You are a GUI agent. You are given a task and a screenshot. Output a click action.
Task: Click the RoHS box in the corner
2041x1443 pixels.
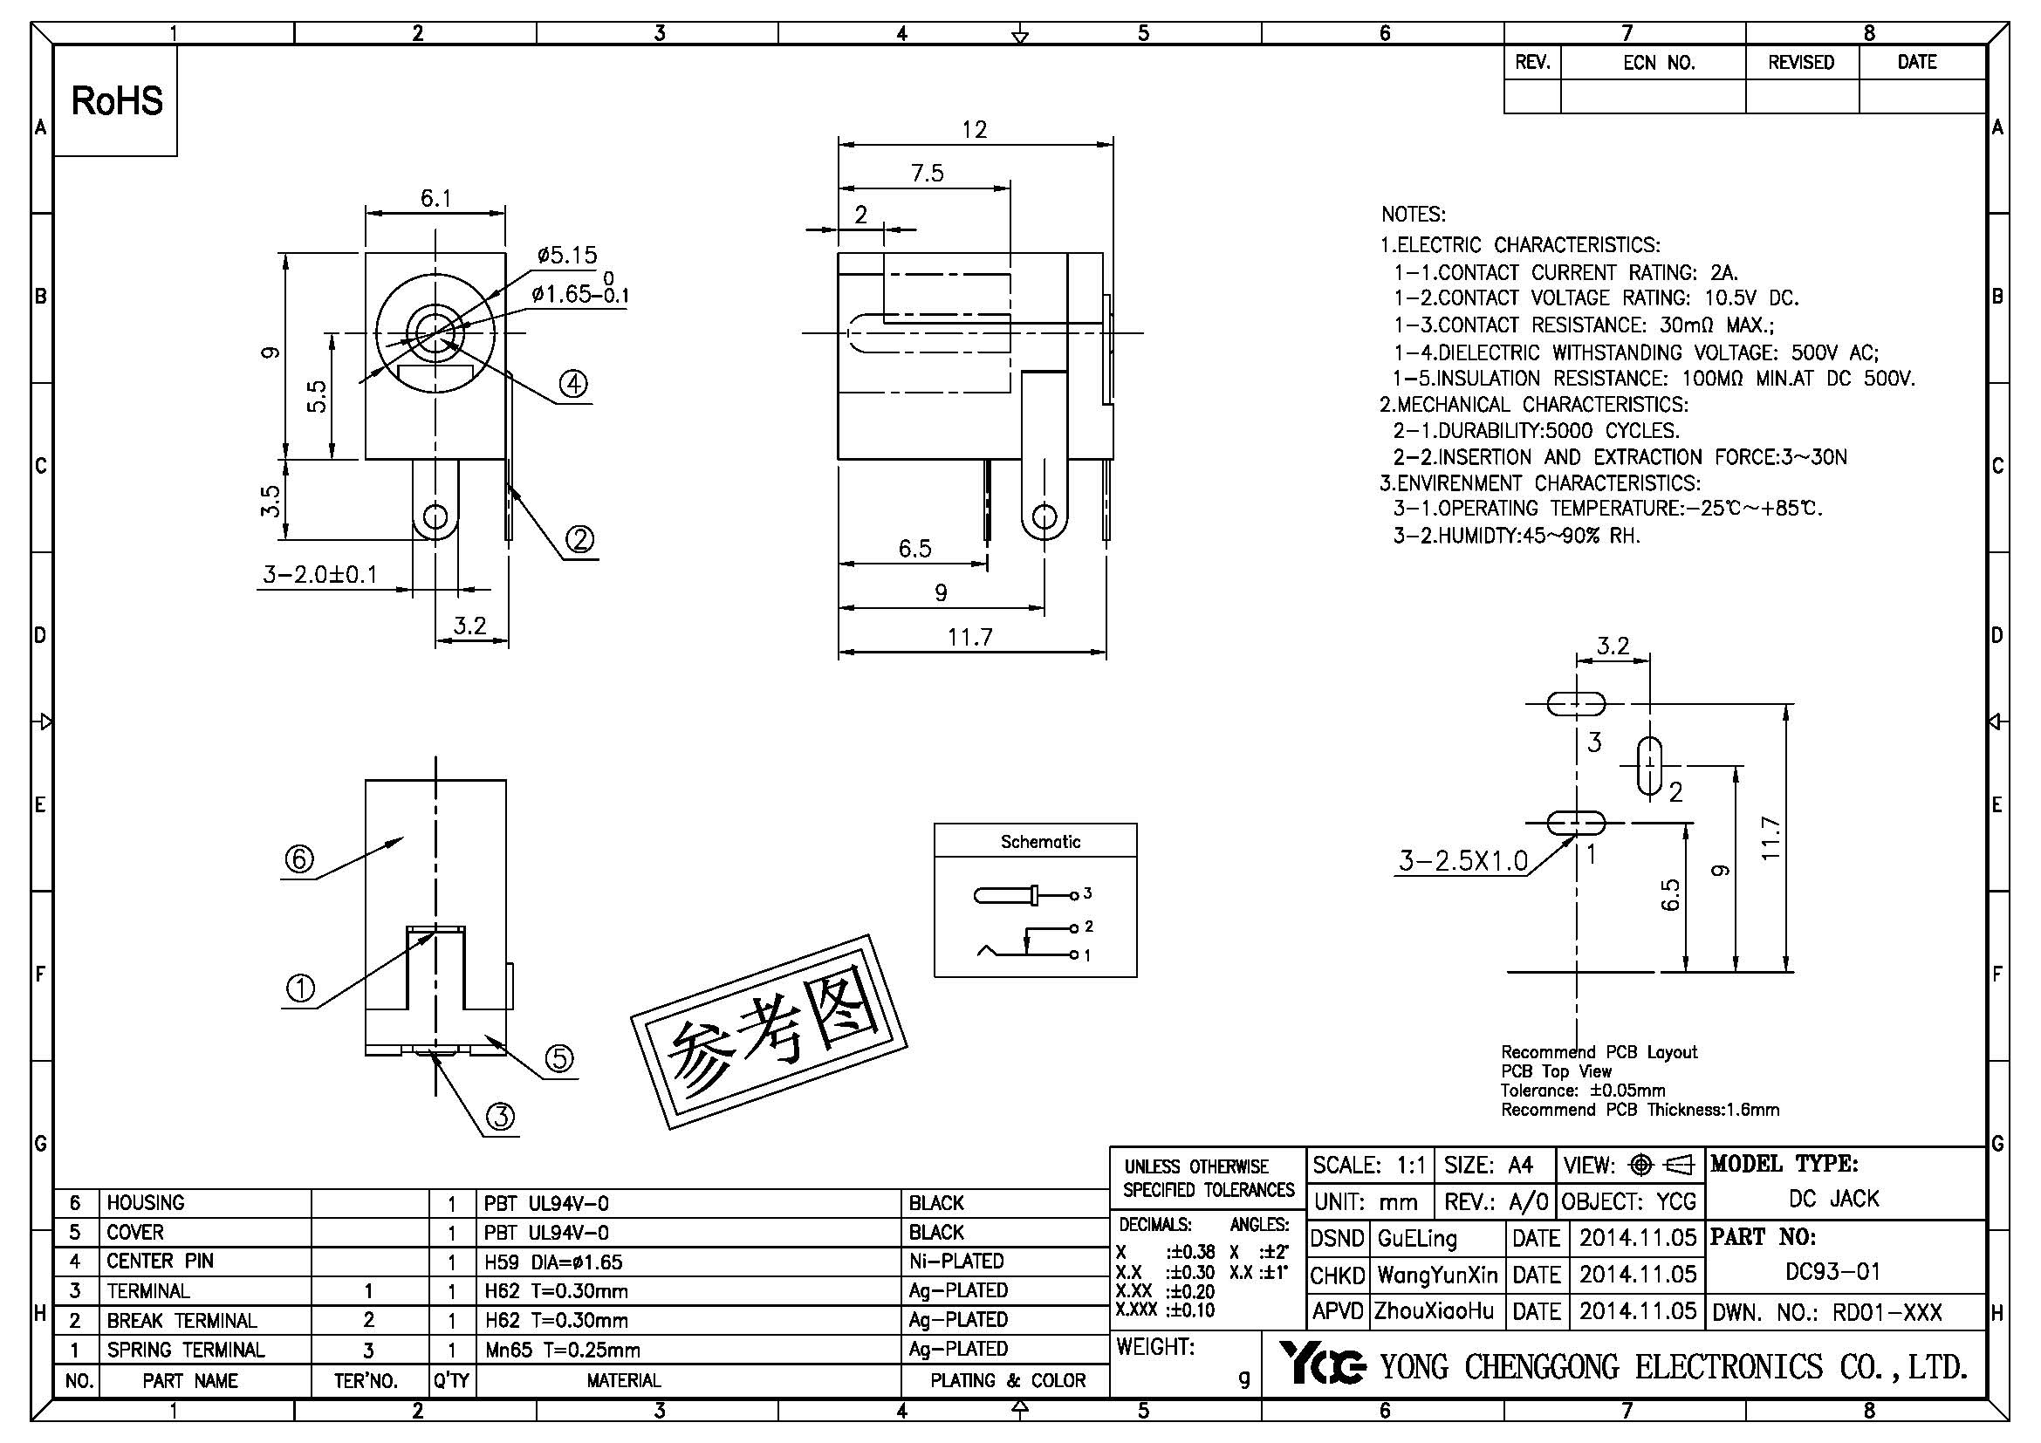pos(116,100)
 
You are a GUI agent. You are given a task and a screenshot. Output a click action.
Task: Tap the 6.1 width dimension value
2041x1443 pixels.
pos(435,198)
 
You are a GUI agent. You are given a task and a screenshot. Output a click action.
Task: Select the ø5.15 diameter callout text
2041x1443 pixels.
pos(567,255)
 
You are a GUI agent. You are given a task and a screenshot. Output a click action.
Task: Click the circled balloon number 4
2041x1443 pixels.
pos(573,384)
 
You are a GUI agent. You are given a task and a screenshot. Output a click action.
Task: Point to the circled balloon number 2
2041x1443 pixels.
pos(579,539)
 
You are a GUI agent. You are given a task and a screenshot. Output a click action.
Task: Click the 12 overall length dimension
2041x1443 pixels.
pos(975,130)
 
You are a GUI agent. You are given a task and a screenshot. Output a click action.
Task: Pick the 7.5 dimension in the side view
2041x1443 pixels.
pos(927,174)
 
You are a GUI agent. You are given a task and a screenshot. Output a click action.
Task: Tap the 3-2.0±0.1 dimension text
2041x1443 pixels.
pos(320,575)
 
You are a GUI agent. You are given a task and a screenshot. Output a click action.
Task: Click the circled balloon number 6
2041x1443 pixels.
pos(298,859)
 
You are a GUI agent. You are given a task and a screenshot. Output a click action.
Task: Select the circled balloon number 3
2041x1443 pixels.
pos(501,1116)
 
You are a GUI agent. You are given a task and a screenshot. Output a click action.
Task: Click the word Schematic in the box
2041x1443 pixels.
pos(1040,841)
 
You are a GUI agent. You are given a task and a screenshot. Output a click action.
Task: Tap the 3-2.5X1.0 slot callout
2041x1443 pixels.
pos(1463,860)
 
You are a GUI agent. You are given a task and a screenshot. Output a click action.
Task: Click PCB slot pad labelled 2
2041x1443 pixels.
pos(1649,765)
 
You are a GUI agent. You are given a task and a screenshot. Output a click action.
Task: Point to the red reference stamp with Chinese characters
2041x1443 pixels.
pos(769,1032)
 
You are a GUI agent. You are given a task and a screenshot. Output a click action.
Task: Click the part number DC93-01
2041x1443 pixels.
pos(1833,1271)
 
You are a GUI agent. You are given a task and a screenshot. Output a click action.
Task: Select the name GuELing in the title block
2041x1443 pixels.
pos(1417,1238)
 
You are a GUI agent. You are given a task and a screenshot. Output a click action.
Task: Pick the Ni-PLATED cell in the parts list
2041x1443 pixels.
pos(955,1261)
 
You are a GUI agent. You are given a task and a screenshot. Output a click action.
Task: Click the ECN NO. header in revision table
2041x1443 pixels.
pos(1659,63)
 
